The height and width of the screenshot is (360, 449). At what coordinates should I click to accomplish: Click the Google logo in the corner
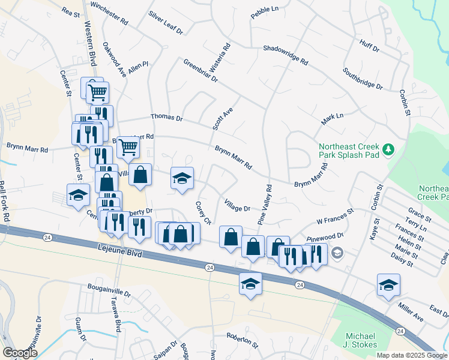[20, 353]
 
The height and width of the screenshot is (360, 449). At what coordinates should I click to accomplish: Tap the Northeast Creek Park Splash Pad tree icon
[389, 148]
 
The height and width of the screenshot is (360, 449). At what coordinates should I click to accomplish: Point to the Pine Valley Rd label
[265, 205]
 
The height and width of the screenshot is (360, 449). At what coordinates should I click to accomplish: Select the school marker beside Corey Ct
[182, 178]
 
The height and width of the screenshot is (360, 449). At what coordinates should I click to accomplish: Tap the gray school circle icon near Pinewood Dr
[337, 253]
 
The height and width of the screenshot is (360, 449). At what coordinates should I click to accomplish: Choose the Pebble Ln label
[265, 13]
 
